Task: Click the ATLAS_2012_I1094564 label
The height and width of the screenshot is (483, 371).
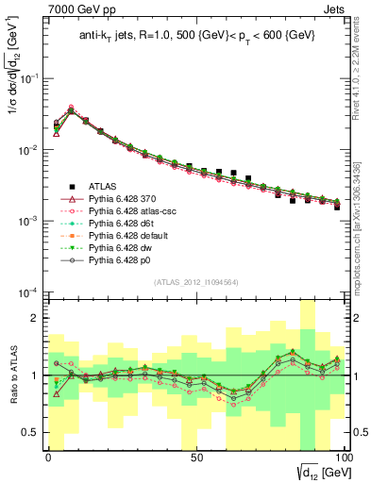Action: pos(194,282)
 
